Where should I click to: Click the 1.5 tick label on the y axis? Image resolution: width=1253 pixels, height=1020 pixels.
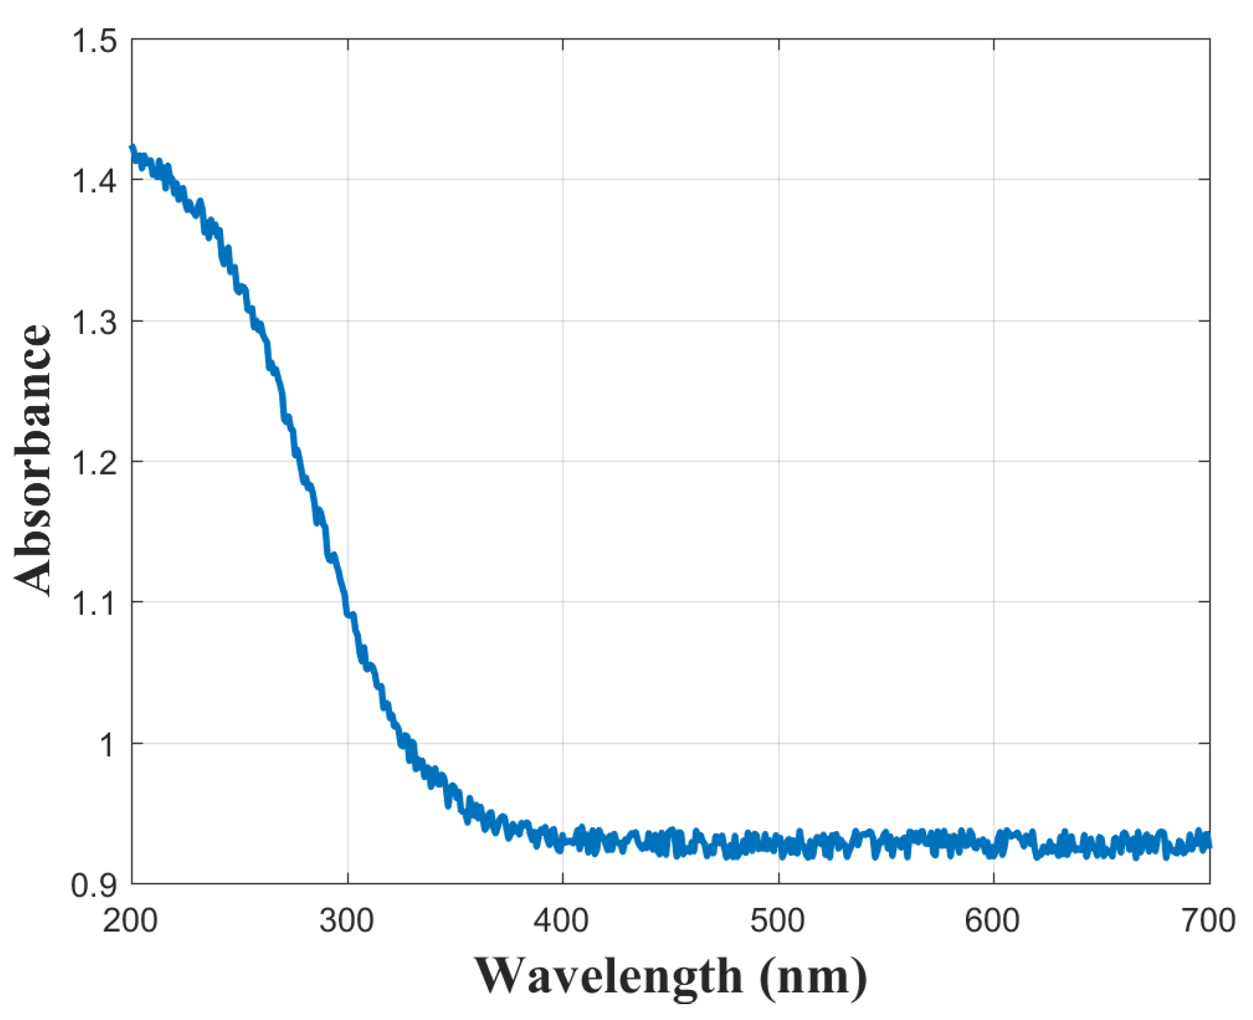pos(94,41)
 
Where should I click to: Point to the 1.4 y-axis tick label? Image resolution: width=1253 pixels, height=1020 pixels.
pos(94,180)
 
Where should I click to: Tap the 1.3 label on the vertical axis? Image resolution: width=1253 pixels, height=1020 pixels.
pos(94,322)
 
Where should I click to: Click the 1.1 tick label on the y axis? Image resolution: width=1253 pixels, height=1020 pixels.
pos(94,603)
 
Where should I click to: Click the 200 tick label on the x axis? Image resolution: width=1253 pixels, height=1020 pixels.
pos(130,921)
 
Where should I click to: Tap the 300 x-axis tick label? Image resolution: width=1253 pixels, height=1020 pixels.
pos(347,921)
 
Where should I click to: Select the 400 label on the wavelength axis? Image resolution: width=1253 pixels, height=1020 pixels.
pos(561,921)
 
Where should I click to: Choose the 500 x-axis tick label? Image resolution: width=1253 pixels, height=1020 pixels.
pos(778,921)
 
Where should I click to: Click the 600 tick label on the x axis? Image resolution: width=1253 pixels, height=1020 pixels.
pos(992,921)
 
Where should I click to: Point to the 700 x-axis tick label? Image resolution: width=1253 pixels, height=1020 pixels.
pos(1208,921)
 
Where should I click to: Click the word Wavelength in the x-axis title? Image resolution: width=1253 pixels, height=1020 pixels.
pos(609,976)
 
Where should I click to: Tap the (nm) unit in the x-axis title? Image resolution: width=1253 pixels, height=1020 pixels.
pos(813,976)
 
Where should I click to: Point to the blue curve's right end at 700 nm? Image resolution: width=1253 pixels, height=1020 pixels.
pos(1208,844)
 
